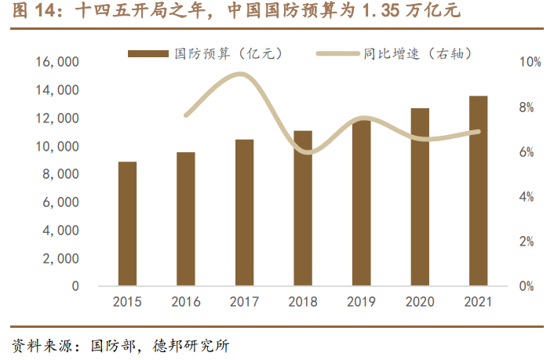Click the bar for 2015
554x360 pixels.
click(127, 224)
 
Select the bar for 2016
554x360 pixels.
click(186, 219)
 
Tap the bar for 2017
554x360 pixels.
click(244, 213)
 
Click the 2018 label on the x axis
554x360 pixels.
click(303, 301)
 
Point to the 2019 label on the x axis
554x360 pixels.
click(361, 301)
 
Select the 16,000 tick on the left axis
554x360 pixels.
click(57, 62)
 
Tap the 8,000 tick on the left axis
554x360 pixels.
click(60, 174)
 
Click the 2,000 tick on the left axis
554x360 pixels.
click(60, 258)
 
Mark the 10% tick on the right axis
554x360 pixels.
click(530, 62)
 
